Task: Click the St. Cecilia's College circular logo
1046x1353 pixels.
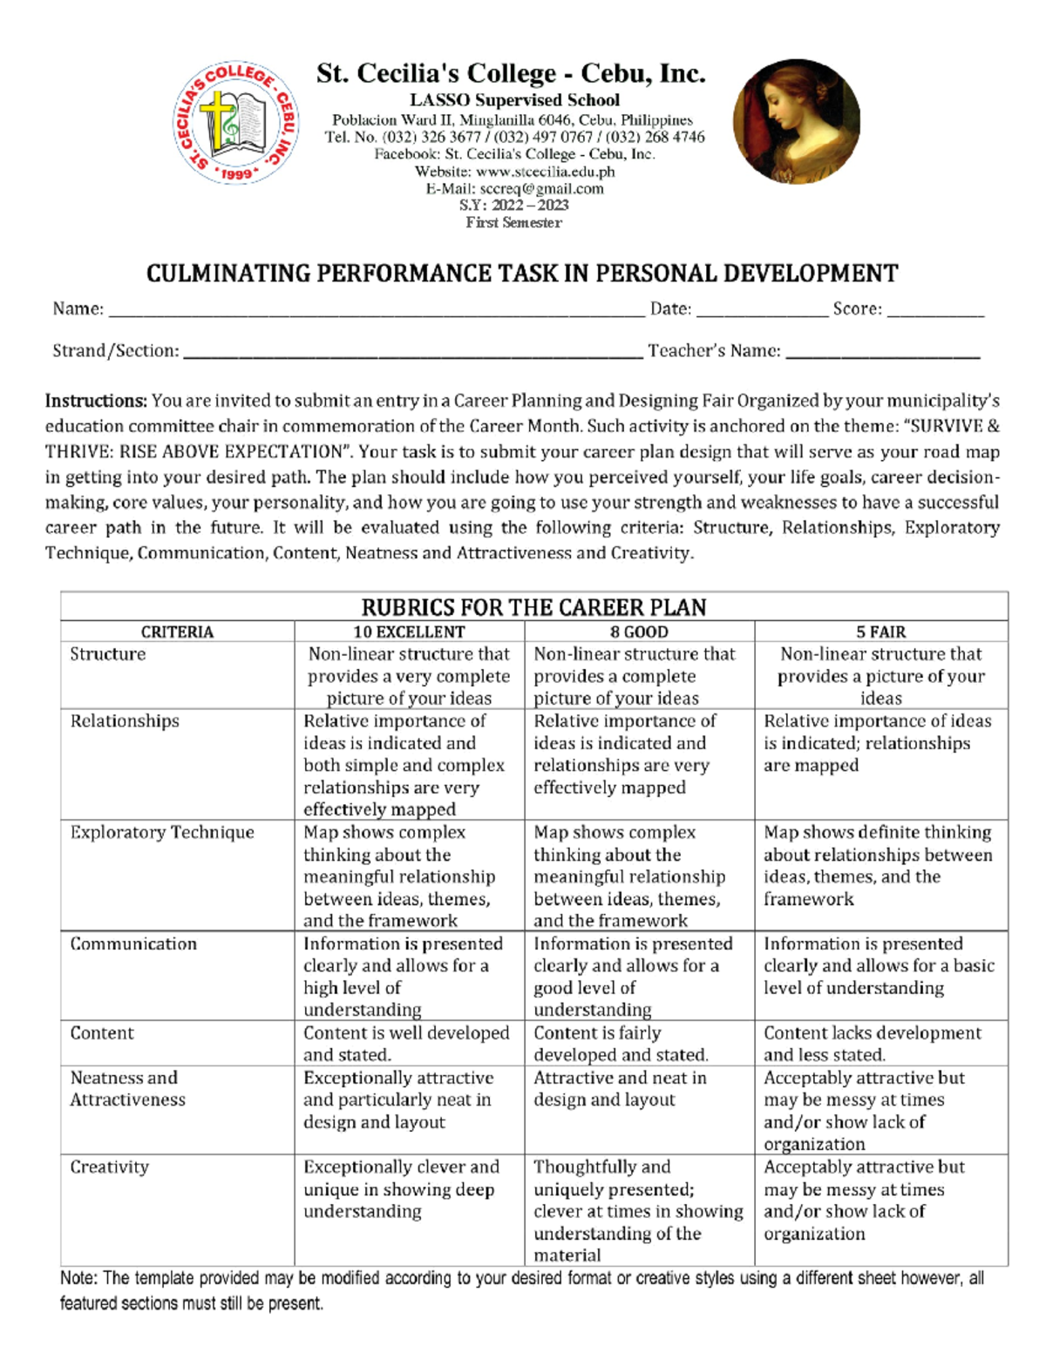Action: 235,123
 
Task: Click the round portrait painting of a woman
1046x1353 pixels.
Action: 796,121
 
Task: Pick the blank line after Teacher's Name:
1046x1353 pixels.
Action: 882,354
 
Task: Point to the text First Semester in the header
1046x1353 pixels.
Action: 513,222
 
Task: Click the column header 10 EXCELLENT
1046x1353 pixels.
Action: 409,632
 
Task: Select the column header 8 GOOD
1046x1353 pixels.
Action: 639,632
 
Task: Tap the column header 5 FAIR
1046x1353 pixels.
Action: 880,632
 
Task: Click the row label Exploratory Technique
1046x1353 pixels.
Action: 162,832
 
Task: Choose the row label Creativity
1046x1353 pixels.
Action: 109,1167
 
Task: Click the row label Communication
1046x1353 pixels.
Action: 133,944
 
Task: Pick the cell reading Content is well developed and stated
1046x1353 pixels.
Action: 406,1043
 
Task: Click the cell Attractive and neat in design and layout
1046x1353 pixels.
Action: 620,1088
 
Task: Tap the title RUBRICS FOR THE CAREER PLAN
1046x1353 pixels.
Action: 533,607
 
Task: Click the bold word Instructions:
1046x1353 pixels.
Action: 96,402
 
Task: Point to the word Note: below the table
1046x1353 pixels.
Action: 78,1278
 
